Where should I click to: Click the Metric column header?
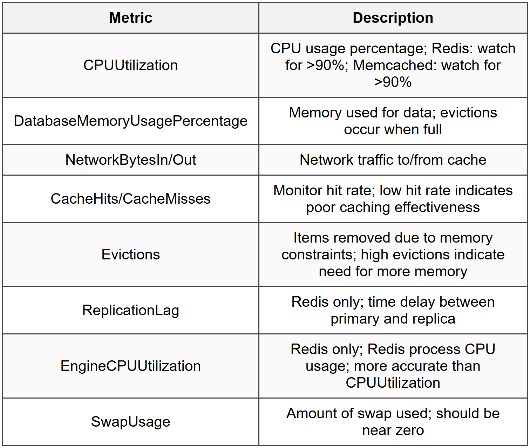tap(131, 18)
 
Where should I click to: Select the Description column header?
tap(393, 18)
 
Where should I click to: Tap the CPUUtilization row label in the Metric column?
tap(131, 65)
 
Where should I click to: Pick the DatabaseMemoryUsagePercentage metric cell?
tap(131, 121)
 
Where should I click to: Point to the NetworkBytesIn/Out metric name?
tap(131, 160)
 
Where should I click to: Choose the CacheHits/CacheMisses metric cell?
tap(131, 199)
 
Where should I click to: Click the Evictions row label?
tap(131, 254)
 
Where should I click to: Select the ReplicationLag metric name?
tap(131, 310)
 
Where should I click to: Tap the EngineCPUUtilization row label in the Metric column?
tap(131, 366)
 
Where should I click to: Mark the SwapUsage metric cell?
tap(131, 422)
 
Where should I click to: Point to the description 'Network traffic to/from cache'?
tap(393, 160)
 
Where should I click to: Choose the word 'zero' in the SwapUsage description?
tap(410, 430)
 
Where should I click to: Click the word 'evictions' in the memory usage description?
tap(469, 113)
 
